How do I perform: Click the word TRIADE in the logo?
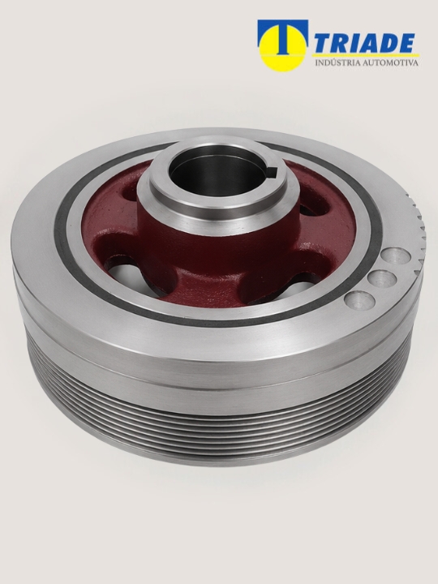click(364, 43)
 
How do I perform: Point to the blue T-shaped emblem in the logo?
click(283, 35)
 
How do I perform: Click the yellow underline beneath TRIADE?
click(365, 55)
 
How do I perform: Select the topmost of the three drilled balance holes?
click(396, 255)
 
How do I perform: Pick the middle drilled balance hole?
click(382, 278)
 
